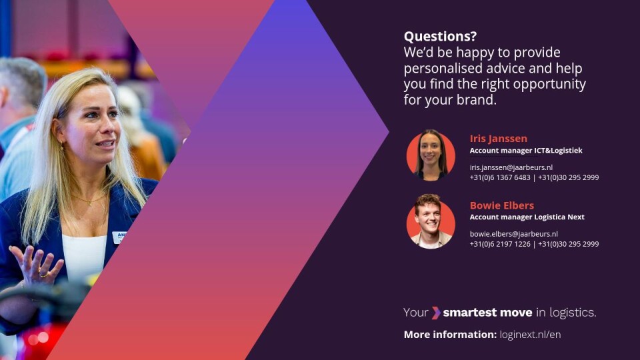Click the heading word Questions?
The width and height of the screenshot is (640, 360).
pyautogui.click(x=440, y=36)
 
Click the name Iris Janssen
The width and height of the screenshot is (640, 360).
pyautogui.click(x=499, y=139)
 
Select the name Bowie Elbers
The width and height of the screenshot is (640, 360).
pyautogui.click(x=501, y=205)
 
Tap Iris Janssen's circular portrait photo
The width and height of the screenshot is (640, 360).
pyautogui.click(x=431, y=155)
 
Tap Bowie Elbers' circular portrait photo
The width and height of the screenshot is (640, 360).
pyautogui.click(x=431, y=221)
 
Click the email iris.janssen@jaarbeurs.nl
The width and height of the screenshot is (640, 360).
pyautogui.click(x=511, y=167)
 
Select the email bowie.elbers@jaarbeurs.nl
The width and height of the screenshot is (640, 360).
pyautogui.click(x=513, y=234)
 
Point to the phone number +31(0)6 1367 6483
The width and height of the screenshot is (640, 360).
pyautogui.click(x=500, y=177)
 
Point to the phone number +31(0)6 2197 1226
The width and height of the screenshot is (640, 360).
pyautogui.click(x=500, y=244)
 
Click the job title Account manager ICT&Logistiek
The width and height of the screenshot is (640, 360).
pyautogui.click(x=526, y=151)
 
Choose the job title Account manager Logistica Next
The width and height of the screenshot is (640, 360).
pyautogui.click(x=527, y=217)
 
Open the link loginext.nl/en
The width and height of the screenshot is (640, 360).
pyautogui.click(x=530, y=335)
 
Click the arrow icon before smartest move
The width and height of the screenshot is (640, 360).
pyautogui.click(x=436, y=313)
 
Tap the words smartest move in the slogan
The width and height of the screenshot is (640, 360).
pyautogui.click(x=487, y=313)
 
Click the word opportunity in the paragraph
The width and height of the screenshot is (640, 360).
pyautogui.click(x=549, y=84)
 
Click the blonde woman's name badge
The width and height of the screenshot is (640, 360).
pyautogui.click(x=119, y=237)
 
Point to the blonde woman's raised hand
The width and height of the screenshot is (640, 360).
pyautogui.click(x=36, y=265)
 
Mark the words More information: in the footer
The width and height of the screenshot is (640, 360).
pyautogui.click(x=450, y=335)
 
